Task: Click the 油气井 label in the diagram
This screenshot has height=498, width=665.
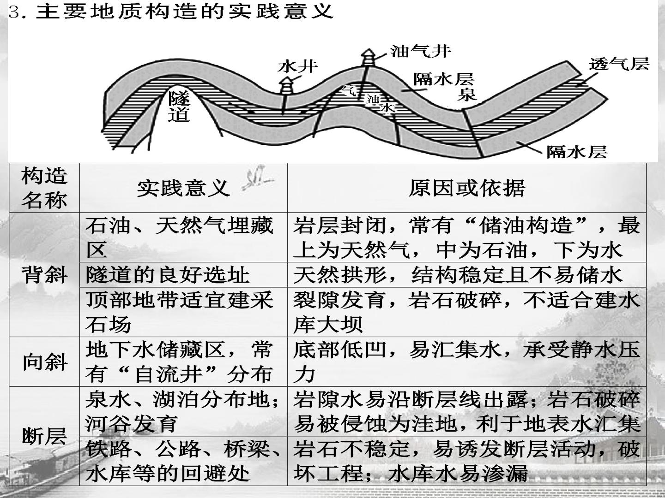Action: point(421,51)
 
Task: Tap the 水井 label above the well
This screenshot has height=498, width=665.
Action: point(297,66)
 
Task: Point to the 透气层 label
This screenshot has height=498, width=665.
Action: point(619,64)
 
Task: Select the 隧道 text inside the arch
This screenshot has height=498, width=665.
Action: point(179,106)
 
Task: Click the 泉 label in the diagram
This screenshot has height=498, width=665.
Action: point(467,94)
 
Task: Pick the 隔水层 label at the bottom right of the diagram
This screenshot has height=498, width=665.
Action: point(577,152)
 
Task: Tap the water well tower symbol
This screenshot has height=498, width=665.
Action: point(286,86)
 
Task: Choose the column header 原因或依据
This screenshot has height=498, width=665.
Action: point(466,188)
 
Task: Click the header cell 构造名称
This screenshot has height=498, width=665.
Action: point(44,188)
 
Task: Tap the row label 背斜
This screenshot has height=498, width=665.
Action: point(44,275)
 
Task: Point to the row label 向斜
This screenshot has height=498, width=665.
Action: point(44,362)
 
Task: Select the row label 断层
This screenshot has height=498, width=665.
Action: point(44,436)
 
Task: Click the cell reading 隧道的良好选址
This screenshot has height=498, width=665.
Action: point(167,275)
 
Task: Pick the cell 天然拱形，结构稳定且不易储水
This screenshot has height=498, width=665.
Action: point(458,275)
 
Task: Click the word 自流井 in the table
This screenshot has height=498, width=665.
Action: point(169,374)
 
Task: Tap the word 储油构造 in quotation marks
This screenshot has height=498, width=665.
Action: point(526,225)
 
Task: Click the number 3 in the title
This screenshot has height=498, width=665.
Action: point(13,12)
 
